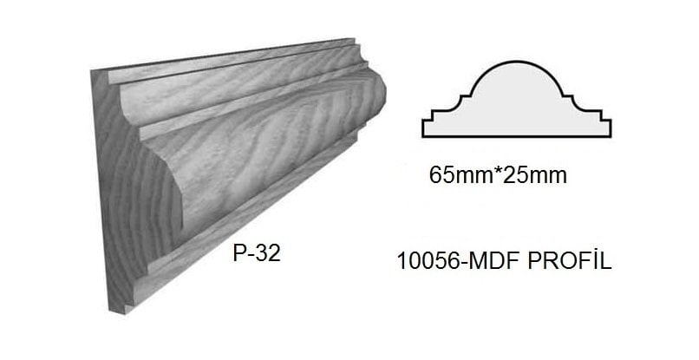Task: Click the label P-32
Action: (x=257, y=254)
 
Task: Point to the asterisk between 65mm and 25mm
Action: (x=497, y=173)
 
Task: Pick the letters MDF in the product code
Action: (x=500, y=259)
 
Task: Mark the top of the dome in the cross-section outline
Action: (x=516, y=62)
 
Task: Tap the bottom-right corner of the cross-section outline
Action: (x=611, y=136)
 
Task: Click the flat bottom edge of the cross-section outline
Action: (x=516, y=136)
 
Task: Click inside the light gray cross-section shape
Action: (x=516, y=108)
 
